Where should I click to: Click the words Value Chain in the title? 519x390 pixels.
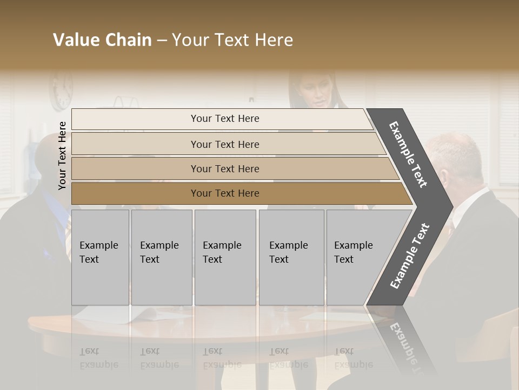(102, 40)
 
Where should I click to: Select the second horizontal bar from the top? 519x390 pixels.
(225, 144)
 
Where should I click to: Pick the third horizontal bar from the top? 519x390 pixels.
(225, 168)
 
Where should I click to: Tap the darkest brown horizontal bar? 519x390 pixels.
(225, 193)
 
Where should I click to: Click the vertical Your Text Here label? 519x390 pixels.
(62, 155)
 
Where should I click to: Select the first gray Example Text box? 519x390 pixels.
(100, 257)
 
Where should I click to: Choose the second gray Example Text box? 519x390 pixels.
(161, 257)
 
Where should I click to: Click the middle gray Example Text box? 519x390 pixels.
(225, 257)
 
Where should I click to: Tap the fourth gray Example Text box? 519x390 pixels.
(291, 257)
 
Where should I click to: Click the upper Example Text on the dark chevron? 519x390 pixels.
(408, 154)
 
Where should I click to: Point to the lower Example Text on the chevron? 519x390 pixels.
(410, 256)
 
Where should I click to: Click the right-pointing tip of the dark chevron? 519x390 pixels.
(450, 206)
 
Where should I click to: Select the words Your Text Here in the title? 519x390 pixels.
(232, 40)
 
